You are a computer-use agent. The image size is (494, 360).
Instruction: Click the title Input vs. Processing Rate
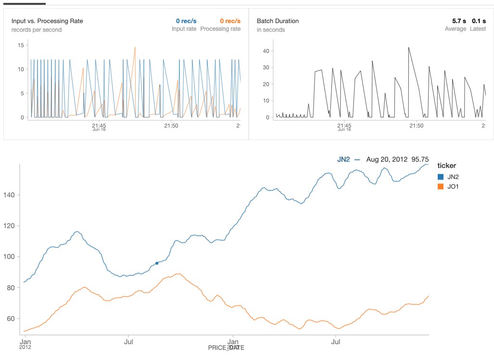pyautogui.click(x=47, y=21)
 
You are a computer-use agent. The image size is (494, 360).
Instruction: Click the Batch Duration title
pyautogui.click(x=278, y=21)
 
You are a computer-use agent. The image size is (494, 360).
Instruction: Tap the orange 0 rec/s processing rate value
pyautogui.click(x=230, y=21)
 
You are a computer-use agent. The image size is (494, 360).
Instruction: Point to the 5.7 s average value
pyautogui.click(x=459, y=21)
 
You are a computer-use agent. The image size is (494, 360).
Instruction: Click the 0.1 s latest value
pyautogui.click(x=479, y=21)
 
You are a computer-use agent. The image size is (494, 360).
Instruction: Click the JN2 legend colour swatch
pyautogui.click(x=441, y=177)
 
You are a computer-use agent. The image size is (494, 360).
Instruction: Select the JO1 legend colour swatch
pyautogui.click(x=441, y=186)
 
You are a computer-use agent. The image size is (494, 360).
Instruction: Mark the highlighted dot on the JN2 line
pyautogui.click(x=157, y=263)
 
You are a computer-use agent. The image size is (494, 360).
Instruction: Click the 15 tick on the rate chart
pyautogui.click(x=21, y=45)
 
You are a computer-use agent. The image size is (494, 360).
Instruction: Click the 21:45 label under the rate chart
pyautogui.click(x=99, y=126)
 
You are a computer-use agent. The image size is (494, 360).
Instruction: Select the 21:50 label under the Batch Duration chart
pyautogui.click(x=416, y=126)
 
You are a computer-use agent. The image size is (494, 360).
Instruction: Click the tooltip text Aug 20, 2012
pyautogui.click(x=387, y=159)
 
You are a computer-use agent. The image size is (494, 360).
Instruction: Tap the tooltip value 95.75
pyautogui.click(x=420, y=159)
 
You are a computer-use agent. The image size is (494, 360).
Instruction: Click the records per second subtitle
pyautogui.click(x=37, y=30)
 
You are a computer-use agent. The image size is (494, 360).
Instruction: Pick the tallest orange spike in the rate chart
pyautogui.click(x=135, y=48)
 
